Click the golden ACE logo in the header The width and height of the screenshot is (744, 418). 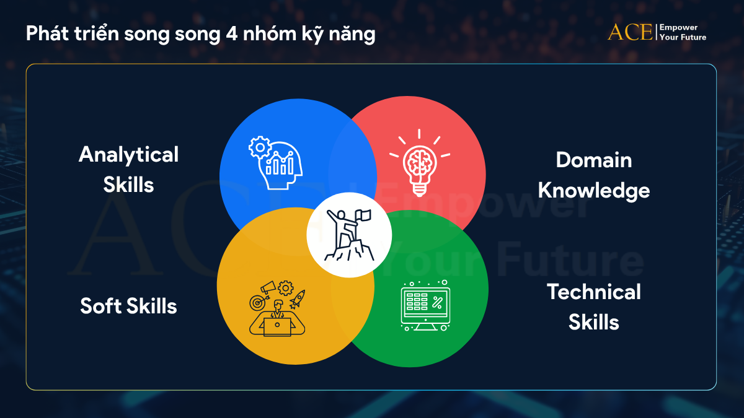coord(630,32)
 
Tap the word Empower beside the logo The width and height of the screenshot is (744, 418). coord(679,28)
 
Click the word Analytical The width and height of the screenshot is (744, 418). coord(128,154)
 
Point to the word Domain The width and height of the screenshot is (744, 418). coord(593,160)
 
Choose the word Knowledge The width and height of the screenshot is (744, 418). coord(593,190)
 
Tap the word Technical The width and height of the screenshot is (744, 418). coord(593,292)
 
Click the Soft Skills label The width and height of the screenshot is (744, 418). coord(128,306)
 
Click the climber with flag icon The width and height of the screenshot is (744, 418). coord(348,235)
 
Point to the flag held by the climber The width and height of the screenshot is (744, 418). coord(364,216)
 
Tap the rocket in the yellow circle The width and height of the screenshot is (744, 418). coord(297,299)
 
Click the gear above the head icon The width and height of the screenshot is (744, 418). coord(259,147)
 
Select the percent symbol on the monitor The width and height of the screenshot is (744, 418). coord(437,303)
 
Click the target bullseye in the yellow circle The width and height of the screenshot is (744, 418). coord(256,303)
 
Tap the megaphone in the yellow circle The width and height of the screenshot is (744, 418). coord(268,287)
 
